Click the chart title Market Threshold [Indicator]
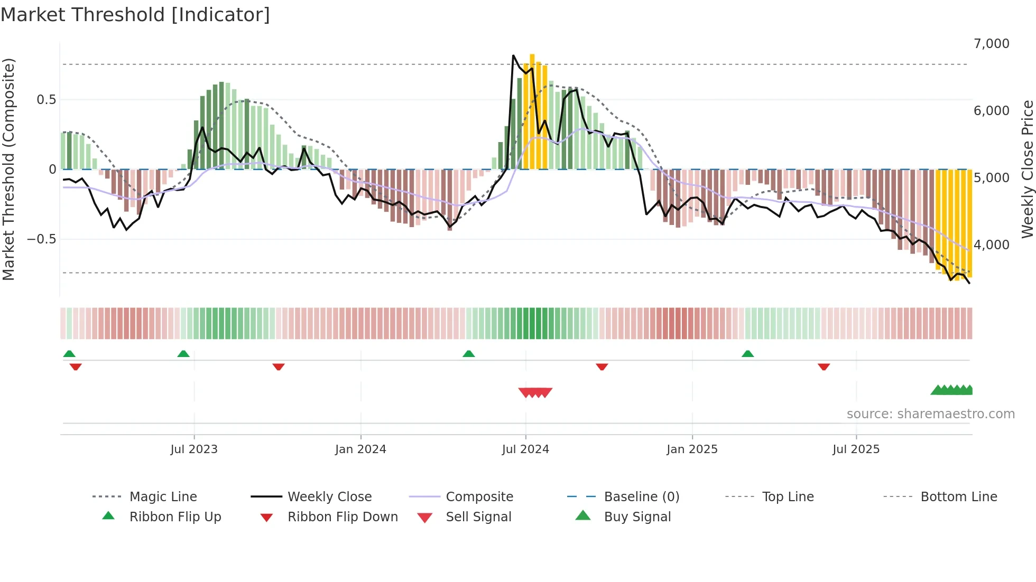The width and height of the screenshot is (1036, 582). click(x=135, y=15)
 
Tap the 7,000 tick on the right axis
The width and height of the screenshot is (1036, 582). click(x=991, y=44)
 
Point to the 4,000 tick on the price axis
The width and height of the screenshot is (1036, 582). click(x=991, y=245)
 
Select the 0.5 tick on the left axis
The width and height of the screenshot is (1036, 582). click(x=46, y=100)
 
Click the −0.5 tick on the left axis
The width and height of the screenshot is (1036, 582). click(x=42, y=239)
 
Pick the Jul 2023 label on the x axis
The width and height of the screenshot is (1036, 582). click(x=194, y=449)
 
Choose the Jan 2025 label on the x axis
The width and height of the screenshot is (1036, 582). click(x=692, y=449)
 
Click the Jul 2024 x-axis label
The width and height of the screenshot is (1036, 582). click(x=525, y=449)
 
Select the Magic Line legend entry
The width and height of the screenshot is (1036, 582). click(x=163, y=497)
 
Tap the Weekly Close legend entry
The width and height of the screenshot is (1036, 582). click(x=329, y=497)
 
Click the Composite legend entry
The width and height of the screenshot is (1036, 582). click(x=479, y=497)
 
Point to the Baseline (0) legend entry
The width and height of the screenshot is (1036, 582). click(x=641, y=497)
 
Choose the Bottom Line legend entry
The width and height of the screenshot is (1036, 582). click(x=958, y=497)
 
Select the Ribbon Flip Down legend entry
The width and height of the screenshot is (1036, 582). click(x=343, y=517)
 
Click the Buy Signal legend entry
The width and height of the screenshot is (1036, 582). click(x=637, y=517)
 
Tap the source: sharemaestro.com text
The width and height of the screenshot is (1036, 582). click(x=930, y=414)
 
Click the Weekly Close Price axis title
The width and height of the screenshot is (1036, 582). click(x=1027, y=169)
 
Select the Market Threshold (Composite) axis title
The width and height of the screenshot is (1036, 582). click(x=8, y=169)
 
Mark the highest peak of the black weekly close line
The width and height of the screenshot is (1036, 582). click(x=513, y=55)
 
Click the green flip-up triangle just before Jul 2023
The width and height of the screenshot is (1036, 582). click(x=183, y=354)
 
